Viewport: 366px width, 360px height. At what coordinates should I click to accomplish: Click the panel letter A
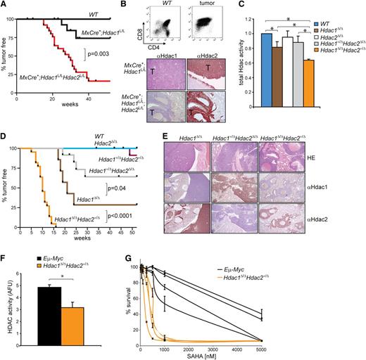coord(4,6)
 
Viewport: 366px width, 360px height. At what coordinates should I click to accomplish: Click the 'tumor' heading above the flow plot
coord(203,6)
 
